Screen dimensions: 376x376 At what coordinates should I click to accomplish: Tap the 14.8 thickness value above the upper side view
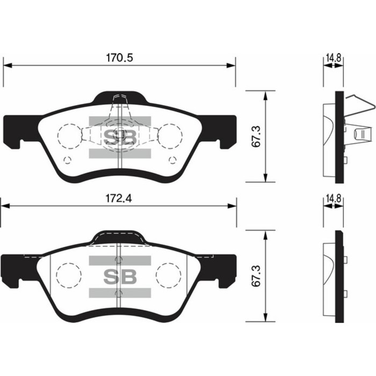coord(332,55)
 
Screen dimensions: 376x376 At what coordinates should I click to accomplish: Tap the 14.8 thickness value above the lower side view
coord(332,198)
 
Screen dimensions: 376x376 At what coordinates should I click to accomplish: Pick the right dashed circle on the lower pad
coord(168,274)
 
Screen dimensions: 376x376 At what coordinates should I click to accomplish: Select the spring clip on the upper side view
coord(357,124)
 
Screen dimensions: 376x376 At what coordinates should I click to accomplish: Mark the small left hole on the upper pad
coord(67,160)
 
